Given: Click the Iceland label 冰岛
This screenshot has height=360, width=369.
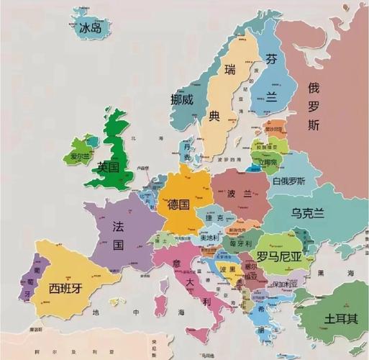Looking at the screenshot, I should [95, 28].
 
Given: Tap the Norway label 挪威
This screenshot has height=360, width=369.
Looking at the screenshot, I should [182, 100].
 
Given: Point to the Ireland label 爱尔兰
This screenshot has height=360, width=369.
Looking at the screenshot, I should [80, 156].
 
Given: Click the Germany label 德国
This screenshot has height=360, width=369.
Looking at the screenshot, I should [178, 204].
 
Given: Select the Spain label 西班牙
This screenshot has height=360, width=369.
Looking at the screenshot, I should [65, 289].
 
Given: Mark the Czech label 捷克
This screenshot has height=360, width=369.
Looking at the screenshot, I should [213, 218].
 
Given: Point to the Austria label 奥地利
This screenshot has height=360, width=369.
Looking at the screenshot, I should [210, 237].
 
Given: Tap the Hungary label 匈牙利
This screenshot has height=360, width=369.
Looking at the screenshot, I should [240, 243].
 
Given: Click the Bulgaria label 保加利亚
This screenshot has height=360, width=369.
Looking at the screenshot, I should [283, 284].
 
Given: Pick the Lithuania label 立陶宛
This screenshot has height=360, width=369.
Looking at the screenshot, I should [268, 162].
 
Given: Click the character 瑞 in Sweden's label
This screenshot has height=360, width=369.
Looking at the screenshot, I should [230, 70].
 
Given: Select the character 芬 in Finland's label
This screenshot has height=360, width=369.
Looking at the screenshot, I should [270, 59].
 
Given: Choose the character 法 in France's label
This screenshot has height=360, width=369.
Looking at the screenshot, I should [119, 226].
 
